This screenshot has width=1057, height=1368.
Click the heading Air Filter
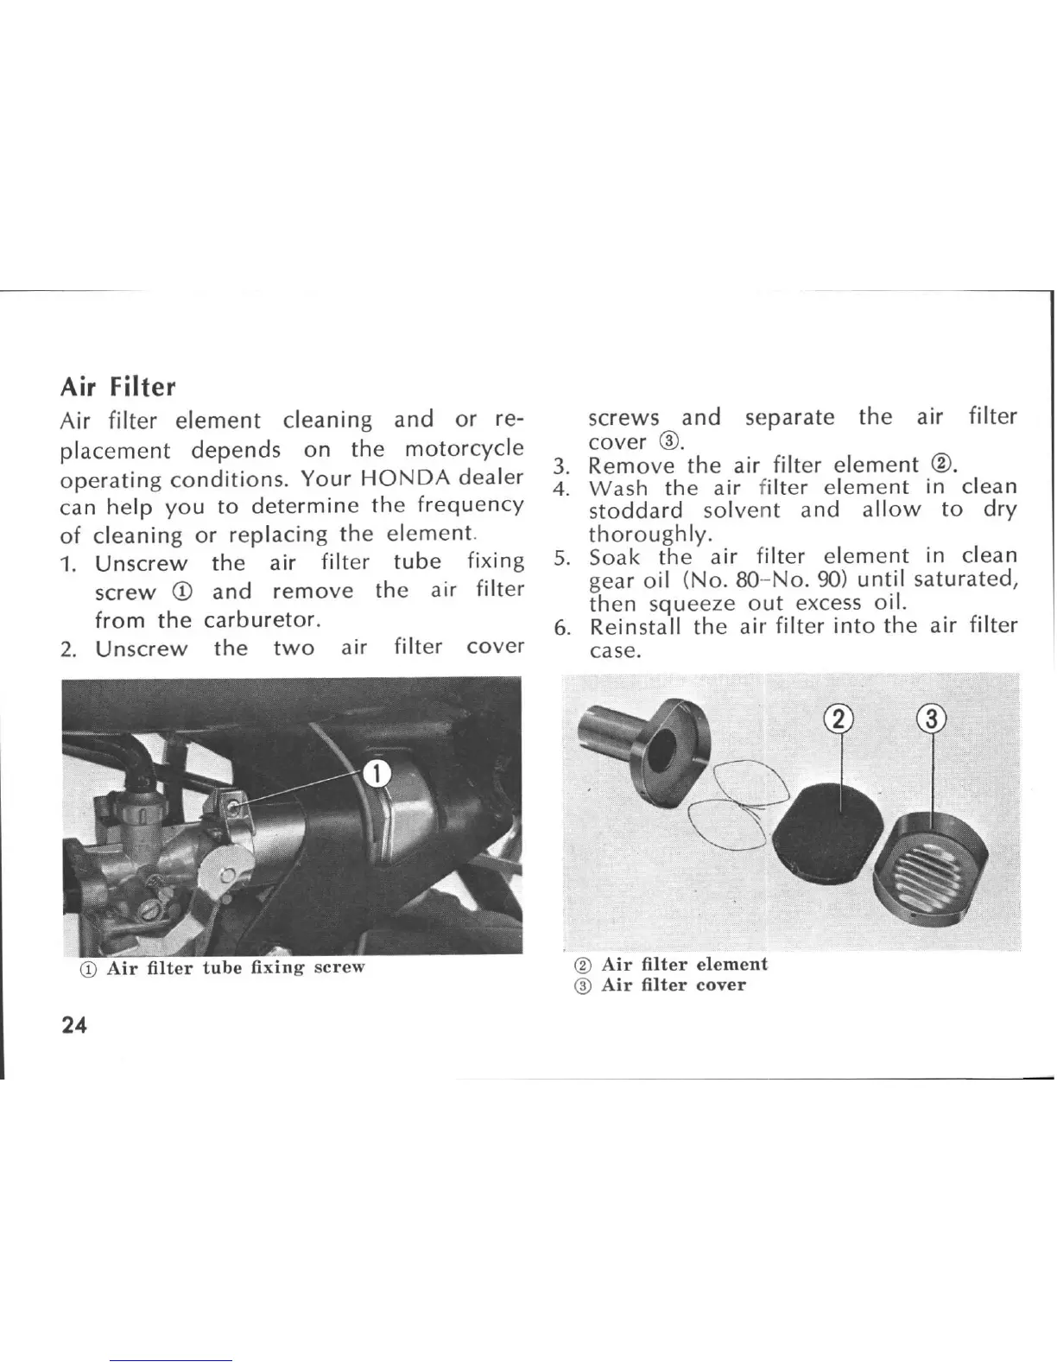tap(117, 386)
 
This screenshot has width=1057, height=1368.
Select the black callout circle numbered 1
tap(377, 773)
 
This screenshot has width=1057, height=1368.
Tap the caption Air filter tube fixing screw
tap(235, 966)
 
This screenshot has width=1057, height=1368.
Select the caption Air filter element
tap(684, 964)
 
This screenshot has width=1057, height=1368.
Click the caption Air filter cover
tap(673, 985)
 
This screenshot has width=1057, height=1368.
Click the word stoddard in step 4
tap(636, 510)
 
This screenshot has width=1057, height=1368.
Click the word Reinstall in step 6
tap(636, 626)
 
